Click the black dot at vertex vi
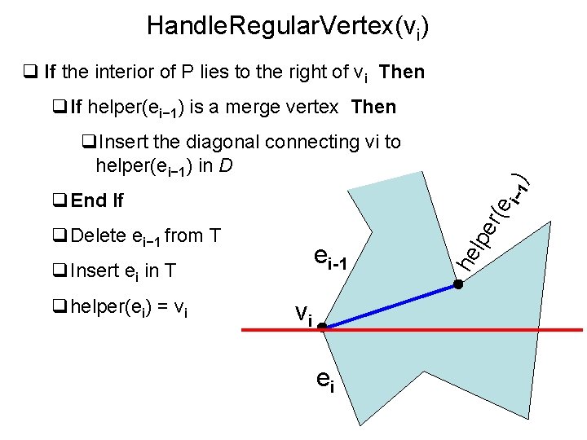click(x=323, y=327)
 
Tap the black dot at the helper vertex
click(x=458, y=284)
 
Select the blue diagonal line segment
click(x=391, y=306)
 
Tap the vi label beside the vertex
click(x=302, y=314)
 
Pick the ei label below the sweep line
click(x=325, y=382)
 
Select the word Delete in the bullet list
click(x=99, y=236)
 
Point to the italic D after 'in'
click(x=227, y=166)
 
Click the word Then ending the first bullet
click(x=402, y=72)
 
